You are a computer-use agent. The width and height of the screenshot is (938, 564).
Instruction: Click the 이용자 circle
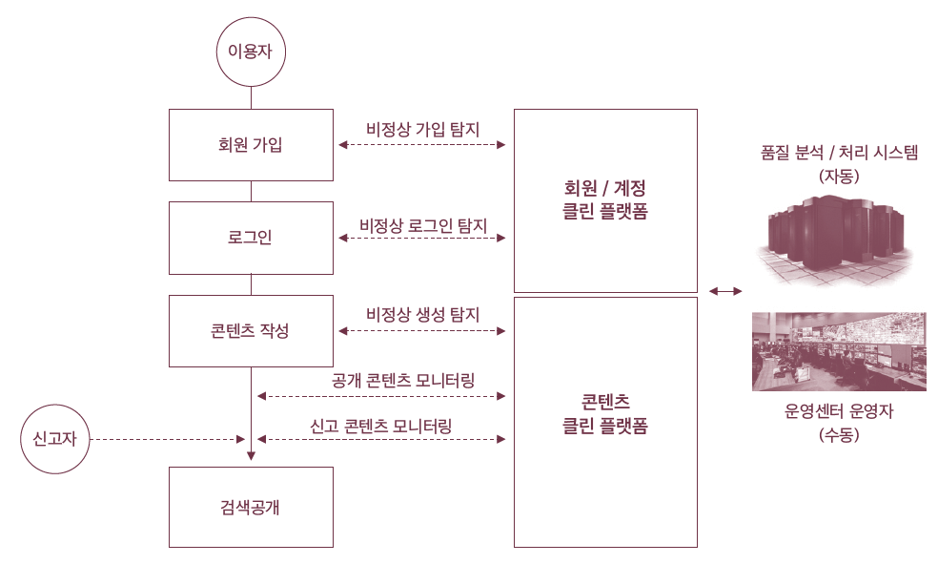click(x=251, y=52)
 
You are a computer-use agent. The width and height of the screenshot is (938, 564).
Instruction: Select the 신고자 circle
click(x=54, y=439)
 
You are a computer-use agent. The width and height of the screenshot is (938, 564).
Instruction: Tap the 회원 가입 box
click(x=251, y=145)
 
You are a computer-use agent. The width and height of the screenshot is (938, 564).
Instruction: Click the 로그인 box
click(x=251, y=238)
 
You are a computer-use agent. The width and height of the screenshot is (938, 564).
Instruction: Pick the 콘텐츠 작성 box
click(x=251, y=331)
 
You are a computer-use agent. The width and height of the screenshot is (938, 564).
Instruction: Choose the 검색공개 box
click(x=251, y=507)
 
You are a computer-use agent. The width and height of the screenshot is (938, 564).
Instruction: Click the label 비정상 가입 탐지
click(x=422, y=129)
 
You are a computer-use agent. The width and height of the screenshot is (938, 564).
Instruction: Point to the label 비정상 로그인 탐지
click(x=423, y=226)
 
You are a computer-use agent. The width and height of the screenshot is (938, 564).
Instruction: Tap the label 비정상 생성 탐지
click(x=422, y=314)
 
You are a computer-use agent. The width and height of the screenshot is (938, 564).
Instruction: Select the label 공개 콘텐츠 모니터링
click(x=404, y=380)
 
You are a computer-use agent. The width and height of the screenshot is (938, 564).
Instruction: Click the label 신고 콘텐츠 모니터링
click(x=380, y=425)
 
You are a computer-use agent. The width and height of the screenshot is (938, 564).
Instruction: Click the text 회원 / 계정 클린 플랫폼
click(x=605, y=199)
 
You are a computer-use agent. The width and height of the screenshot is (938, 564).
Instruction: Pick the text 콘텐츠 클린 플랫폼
click(x=605, y=414)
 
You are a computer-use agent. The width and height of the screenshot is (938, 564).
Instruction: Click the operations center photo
click(x=839, y=351)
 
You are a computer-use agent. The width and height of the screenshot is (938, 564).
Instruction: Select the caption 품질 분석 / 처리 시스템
click(x=839, y=153)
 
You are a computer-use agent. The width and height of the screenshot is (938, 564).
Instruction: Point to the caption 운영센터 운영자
click(x=839, y=412)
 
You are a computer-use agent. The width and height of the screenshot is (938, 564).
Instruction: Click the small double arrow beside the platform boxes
click(x=725, y=290)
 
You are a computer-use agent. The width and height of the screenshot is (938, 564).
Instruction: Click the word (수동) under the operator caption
click(x=839, y=435)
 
